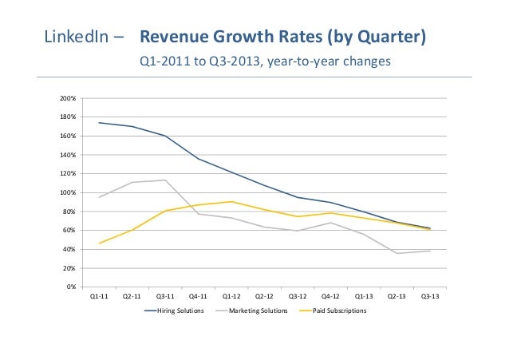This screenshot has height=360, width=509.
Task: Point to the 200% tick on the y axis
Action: click(68, 98)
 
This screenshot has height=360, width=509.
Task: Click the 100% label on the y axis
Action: click(68, 192)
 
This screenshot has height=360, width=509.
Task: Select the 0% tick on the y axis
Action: click(71, 287)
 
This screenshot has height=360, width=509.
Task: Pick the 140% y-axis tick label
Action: click(68, 155)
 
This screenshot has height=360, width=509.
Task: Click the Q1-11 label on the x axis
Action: click(99, 296)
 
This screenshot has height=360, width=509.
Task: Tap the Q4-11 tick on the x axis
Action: click(199, 296)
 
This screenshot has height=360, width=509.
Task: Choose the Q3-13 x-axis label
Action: click(430, 296)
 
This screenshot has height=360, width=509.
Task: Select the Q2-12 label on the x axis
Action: click(265, 296)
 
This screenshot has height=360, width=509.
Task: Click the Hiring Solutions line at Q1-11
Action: click(99, 123)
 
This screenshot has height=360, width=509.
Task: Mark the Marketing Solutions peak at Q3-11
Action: click(165, 180)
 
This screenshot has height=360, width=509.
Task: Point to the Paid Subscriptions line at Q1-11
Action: click(99, 243)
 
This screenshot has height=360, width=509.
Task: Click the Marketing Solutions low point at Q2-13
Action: click(397, 253)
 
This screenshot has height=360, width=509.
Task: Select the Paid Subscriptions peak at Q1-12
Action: click(231, 201)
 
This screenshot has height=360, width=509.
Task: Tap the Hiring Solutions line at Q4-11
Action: click(199, 158)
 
